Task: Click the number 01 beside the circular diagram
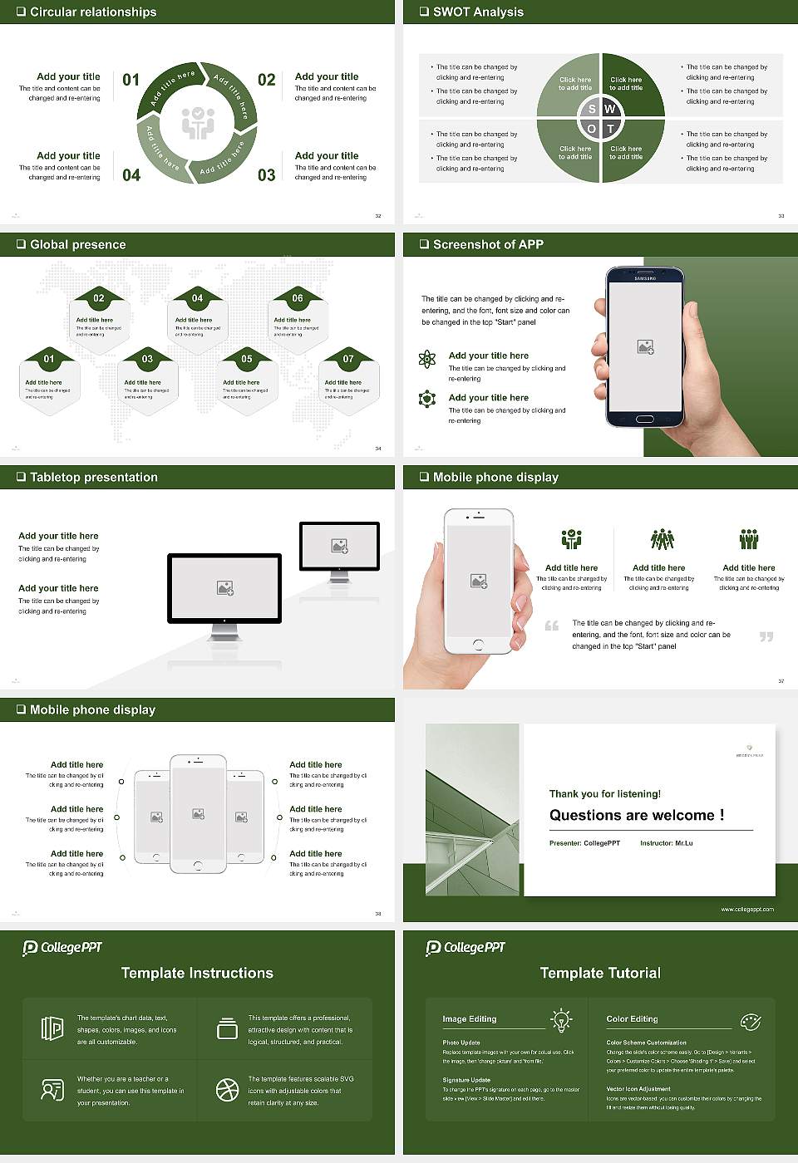[x=131, y=80]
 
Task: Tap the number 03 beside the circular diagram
[x=266, y=175]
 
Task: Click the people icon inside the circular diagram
[x=198, y=123]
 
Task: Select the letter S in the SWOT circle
[x=592, y=109]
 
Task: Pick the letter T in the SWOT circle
[x=610, y=129]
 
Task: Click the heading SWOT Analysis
[x=478, y=12]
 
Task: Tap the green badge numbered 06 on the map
[x=298, y=297]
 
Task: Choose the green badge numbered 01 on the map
[x=49, y=359]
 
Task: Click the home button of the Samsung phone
[x=645, y=419]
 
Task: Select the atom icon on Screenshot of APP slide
[x=427, y=359]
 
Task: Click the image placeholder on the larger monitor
[x=224, y=588]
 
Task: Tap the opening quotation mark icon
[x=552, y=626]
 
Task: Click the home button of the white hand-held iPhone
[x=478, y=644]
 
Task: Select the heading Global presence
[x=77, y=244]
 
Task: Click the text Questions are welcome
[x=636, y=815]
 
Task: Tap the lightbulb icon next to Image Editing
[x=561, y=1019]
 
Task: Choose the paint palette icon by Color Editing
[x=750, y=1020]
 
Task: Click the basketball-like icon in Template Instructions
[x=227, y=1090]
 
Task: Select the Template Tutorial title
[x=600, y=973]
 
